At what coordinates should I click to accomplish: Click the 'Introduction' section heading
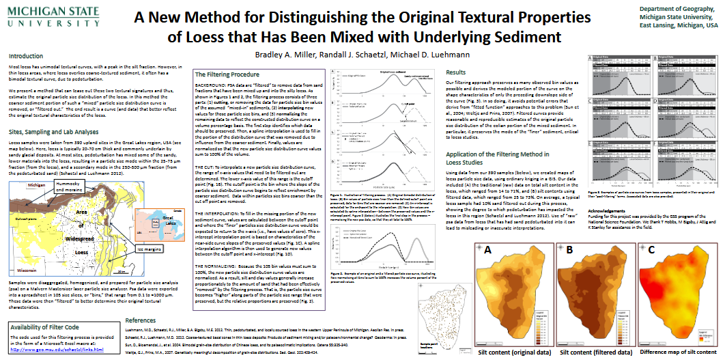25,57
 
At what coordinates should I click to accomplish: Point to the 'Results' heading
455,72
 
